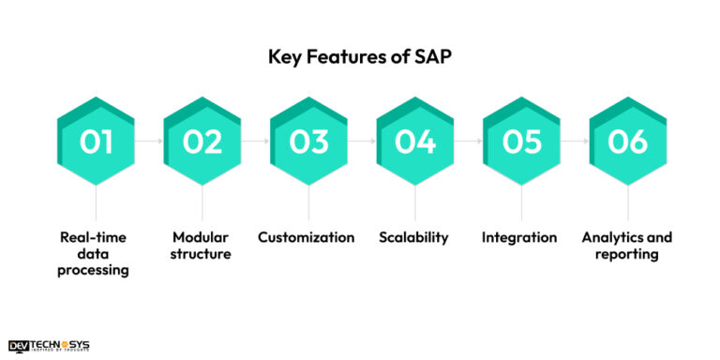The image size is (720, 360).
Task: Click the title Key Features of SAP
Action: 361,56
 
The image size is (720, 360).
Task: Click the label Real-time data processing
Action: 97,254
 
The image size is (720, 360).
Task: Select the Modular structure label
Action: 202,246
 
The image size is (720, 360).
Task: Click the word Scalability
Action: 414,237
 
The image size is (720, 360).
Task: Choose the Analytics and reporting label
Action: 626,246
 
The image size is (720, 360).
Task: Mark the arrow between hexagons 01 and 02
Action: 150,141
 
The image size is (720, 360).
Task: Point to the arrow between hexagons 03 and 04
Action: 362,141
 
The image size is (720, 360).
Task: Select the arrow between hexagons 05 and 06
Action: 575,141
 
